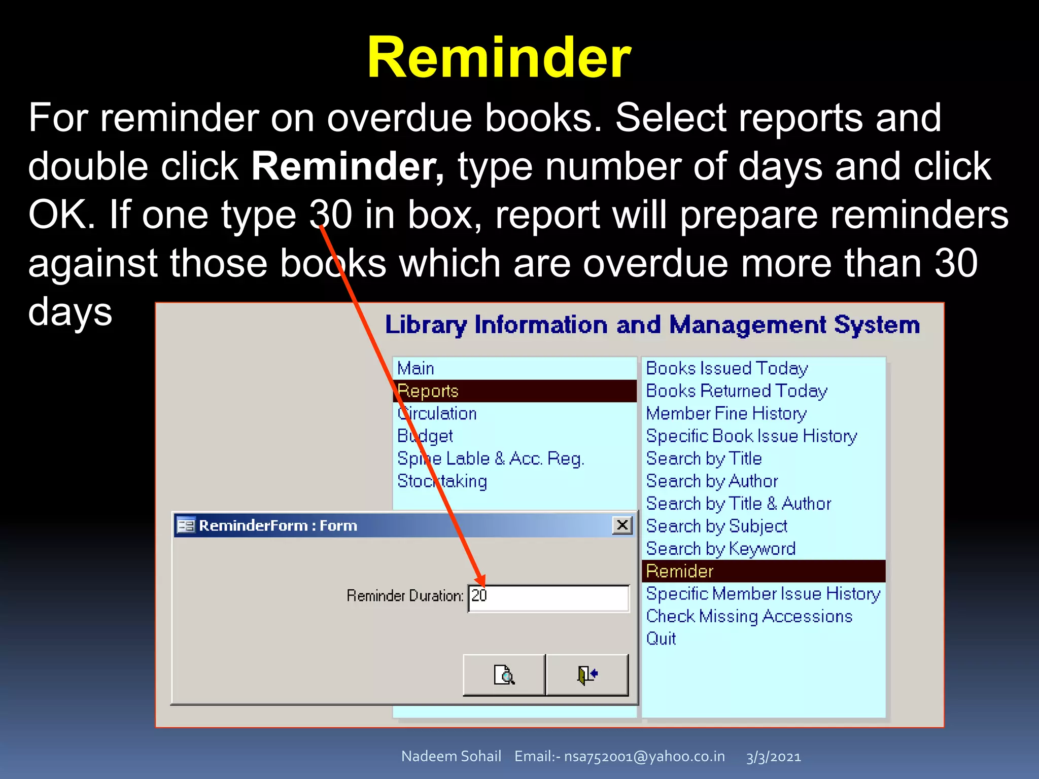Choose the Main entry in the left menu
click(x=415, y=368)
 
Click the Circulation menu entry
click(x=437, y=413)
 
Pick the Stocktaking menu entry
click(x=442, y=481)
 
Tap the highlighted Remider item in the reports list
click(x=680, y=571)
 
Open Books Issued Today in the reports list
click(x=726, y=368)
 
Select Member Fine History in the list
click(x=726, y=413)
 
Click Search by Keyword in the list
click(x=720, y=549)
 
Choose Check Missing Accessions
click(x=749, y=616)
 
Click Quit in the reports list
click(x=661, y=639)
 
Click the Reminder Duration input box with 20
click(x=548, y=597)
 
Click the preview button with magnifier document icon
click(x=504, y=675)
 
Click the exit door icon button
click(x=587, y=675)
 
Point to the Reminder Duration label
click(x=405, y=595)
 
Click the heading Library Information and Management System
click(x=652, y=325)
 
